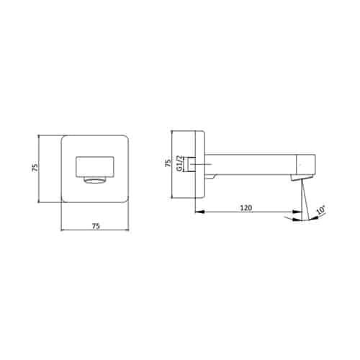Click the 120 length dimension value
pos(246,207)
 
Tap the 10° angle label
pos(321,210)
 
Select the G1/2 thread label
pos(179,163)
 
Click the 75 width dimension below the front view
pos(96,226)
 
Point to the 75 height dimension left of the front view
pos(35,167)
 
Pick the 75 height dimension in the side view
pos(168,163)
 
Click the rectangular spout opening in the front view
pos(95,167)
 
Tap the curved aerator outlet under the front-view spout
pos(95,180)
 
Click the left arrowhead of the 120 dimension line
pos(199,212)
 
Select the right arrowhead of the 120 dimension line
pos(297,212)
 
